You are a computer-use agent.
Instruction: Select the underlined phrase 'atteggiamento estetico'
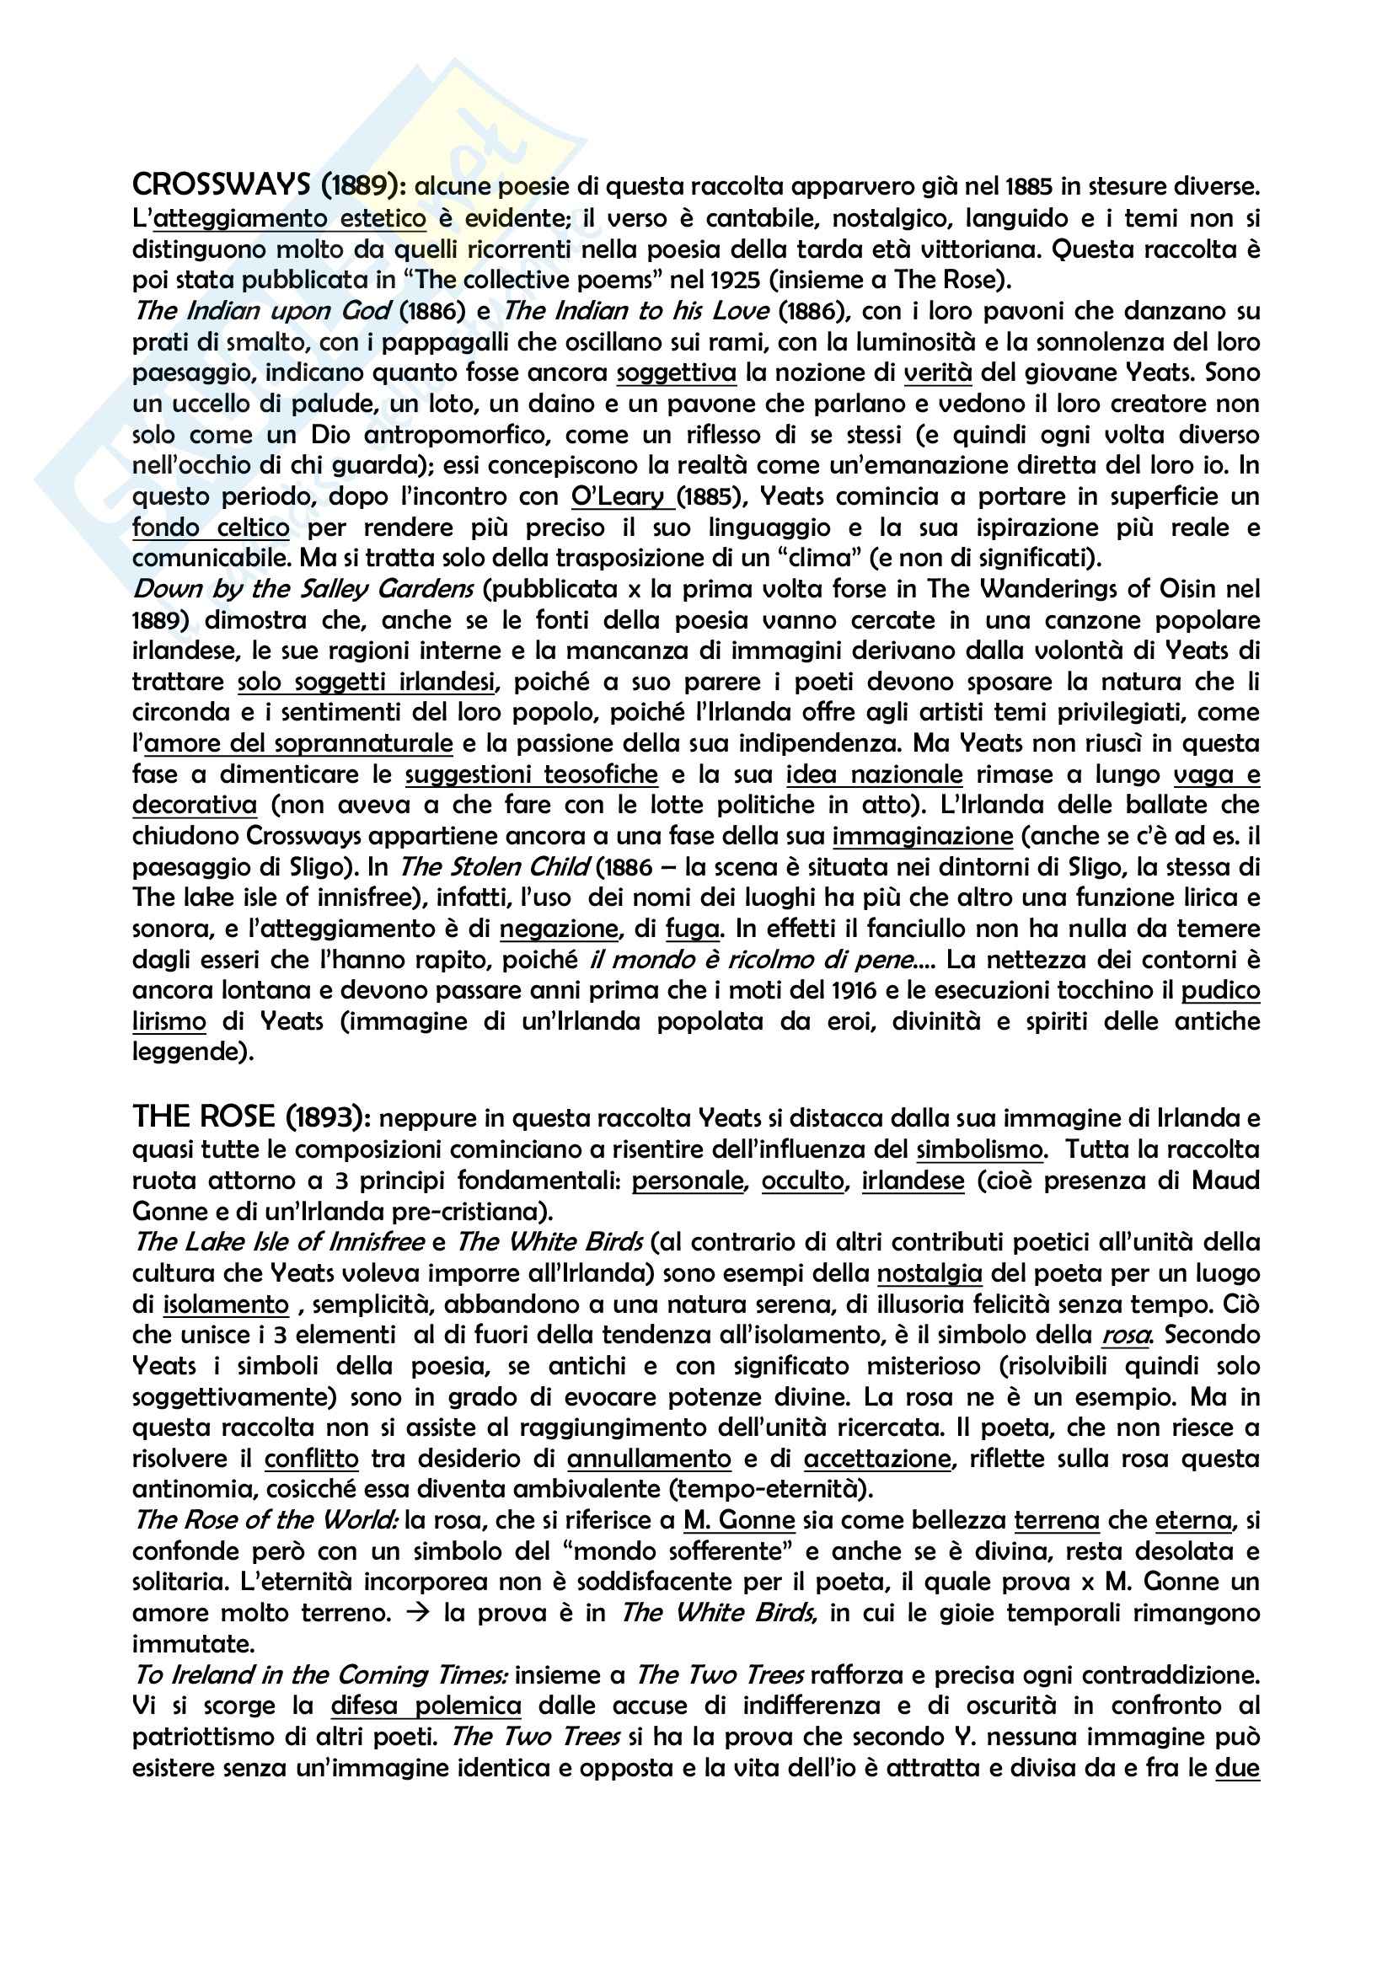click(289, 218)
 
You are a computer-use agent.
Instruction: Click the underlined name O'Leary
click(618, 497)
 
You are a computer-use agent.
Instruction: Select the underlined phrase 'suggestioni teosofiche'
click(531, 775)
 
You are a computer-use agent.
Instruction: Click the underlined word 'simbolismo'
click(979, 1149)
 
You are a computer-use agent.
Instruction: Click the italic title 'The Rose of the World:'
click(266, 1520)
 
